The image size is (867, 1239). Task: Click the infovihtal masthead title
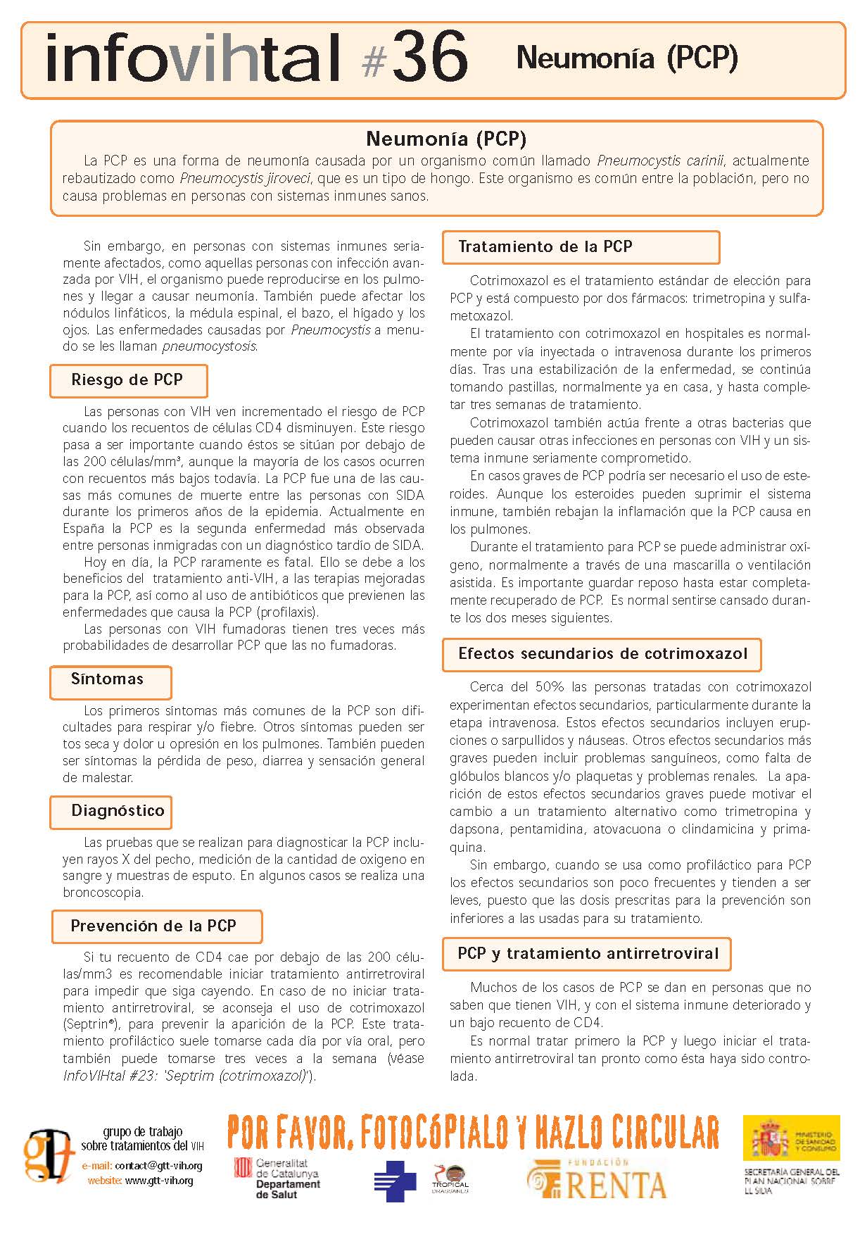(194, 58)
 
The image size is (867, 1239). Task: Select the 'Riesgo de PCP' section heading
(127, 380)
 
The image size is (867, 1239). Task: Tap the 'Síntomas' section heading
(108, 679)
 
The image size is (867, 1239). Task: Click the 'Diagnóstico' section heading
(118, 811)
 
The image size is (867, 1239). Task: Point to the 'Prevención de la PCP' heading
(153, 926)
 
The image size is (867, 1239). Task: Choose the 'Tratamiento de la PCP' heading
(545, 246)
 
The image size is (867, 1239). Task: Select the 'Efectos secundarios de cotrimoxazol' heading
(602, 653)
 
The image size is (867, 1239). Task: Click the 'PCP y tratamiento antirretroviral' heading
(588, 954)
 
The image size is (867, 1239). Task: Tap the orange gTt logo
(48, 1156)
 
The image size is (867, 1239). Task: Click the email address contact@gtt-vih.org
(158, 1166)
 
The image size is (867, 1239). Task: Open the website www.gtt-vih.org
(159, 1181)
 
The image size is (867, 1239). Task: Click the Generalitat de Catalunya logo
(277, 1178)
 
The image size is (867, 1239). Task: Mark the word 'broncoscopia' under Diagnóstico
(103, 893)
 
